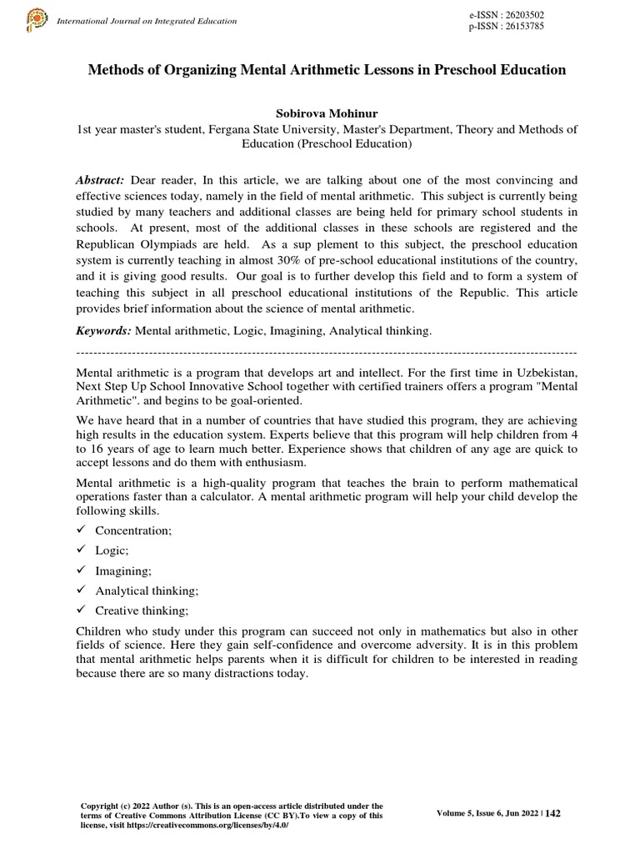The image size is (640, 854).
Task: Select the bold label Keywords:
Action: (104, 331)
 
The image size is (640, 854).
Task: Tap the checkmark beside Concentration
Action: (81, 530)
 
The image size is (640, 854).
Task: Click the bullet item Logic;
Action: (112, 550)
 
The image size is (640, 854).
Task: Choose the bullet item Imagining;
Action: (123, 570)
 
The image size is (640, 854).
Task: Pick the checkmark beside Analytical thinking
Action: (81, 590)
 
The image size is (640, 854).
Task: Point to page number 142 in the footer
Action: (552, 814)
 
